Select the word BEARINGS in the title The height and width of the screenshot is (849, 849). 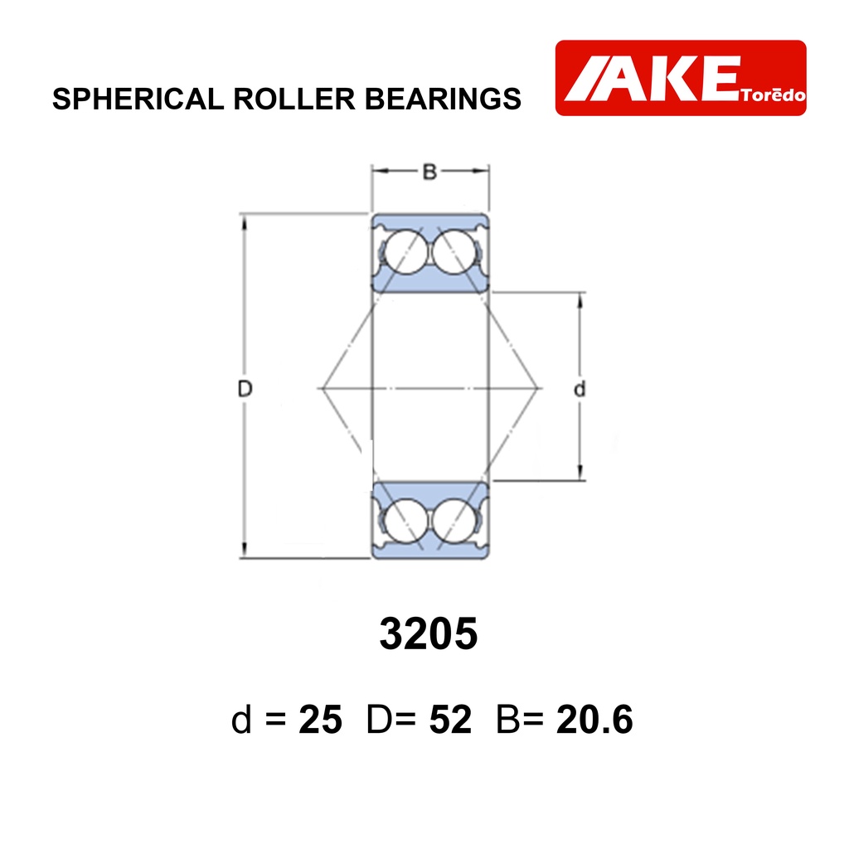(x=443, y=99)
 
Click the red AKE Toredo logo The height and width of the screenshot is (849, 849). (x=681, y=77)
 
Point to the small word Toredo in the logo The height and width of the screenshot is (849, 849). (x=774, y=95)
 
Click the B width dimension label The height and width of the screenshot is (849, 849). (x=429, y=172)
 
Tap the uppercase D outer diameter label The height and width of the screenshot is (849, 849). (x=245, y=388)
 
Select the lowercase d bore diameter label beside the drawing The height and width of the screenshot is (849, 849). (x=580, y=389)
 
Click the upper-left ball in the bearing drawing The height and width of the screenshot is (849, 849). (x=404, y=252)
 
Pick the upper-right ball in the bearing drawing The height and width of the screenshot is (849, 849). (x=455, y=252)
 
